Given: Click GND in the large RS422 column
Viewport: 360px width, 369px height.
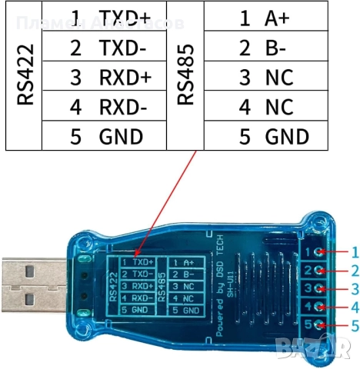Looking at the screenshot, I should click(121, 138).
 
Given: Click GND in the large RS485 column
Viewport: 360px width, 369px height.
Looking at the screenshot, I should click(286, 138).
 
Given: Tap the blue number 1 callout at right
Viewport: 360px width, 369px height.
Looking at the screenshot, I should click(355, 251).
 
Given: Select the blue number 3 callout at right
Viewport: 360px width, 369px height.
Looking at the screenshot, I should click(355, 290).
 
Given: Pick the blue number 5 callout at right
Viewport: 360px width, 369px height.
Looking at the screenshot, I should click(355, 327).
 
